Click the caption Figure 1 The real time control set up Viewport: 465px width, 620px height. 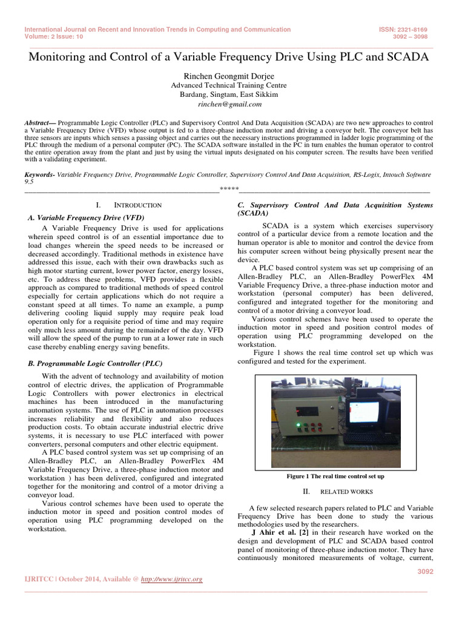(x=335, y=477)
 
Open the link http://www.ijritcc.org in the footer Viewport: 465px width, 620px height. (x=171, y=579)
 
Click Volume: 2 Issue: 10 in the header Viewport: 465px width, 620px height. (x=55, y=36)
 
